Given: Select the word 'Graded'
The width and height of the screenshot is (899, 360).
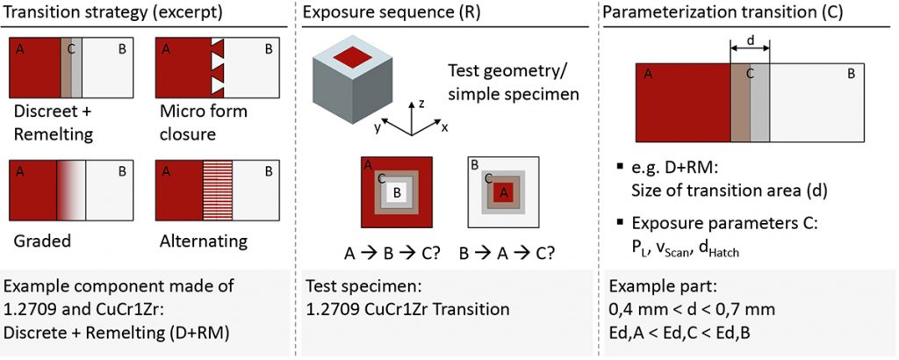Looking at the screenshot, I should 39,240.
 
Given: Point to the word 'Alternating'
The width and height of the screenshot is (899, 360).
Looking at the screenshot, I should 204,240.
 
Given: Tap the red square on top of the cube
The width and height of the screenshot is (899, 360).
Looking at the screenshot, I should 350,58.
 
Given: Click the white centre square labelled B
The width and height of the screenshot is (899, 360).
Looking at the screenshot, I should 397,191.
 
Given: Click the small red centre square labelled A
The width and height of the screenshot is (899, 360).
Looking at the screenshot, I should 504,192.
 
